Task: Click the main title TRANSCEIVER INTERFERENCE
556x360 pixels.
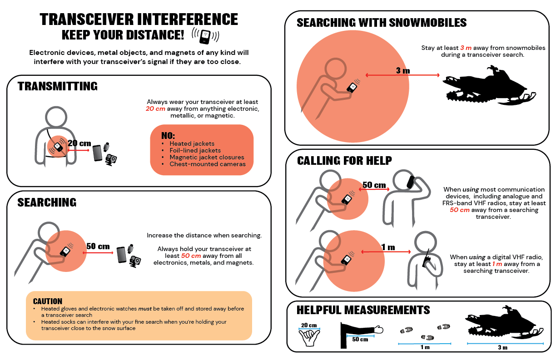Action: click(x=139, y=19)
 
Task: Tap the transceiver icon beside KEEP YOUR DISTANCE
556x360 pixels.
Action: click(x=205, y=35)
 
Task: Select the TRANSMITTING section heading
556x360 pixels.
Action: click(x=57, y=86)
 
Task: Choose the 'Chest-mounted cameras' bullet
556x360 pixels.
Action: click(x=207, y=164)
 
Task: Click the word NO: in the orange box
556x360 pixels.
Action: click(x=168, y=136)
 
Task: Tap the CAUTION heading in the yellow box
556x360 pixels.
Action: click(x=48, y=301)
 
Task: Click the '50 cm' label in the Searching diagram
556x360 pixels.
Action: click(x=98, y=246)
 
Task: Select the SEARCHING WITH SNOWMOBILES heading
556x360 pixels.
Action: click(x=381, y=22)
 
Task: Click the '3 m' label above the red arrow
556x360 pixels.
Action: click(x=402, y=70)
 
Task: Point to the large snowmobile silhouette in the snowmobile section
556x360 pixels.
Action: click(x=488, y=86)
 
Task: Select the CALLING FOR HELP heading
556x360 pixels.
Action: click(x=344, y=161)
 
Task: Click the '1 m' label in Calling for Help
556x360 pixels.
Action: click(x=388, y=247)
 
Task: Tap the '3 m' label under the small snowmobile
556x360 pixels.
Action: click(x=501, y=347)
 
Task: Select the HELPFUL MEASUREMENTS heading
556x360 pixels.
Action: click(x=363, y=310)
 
